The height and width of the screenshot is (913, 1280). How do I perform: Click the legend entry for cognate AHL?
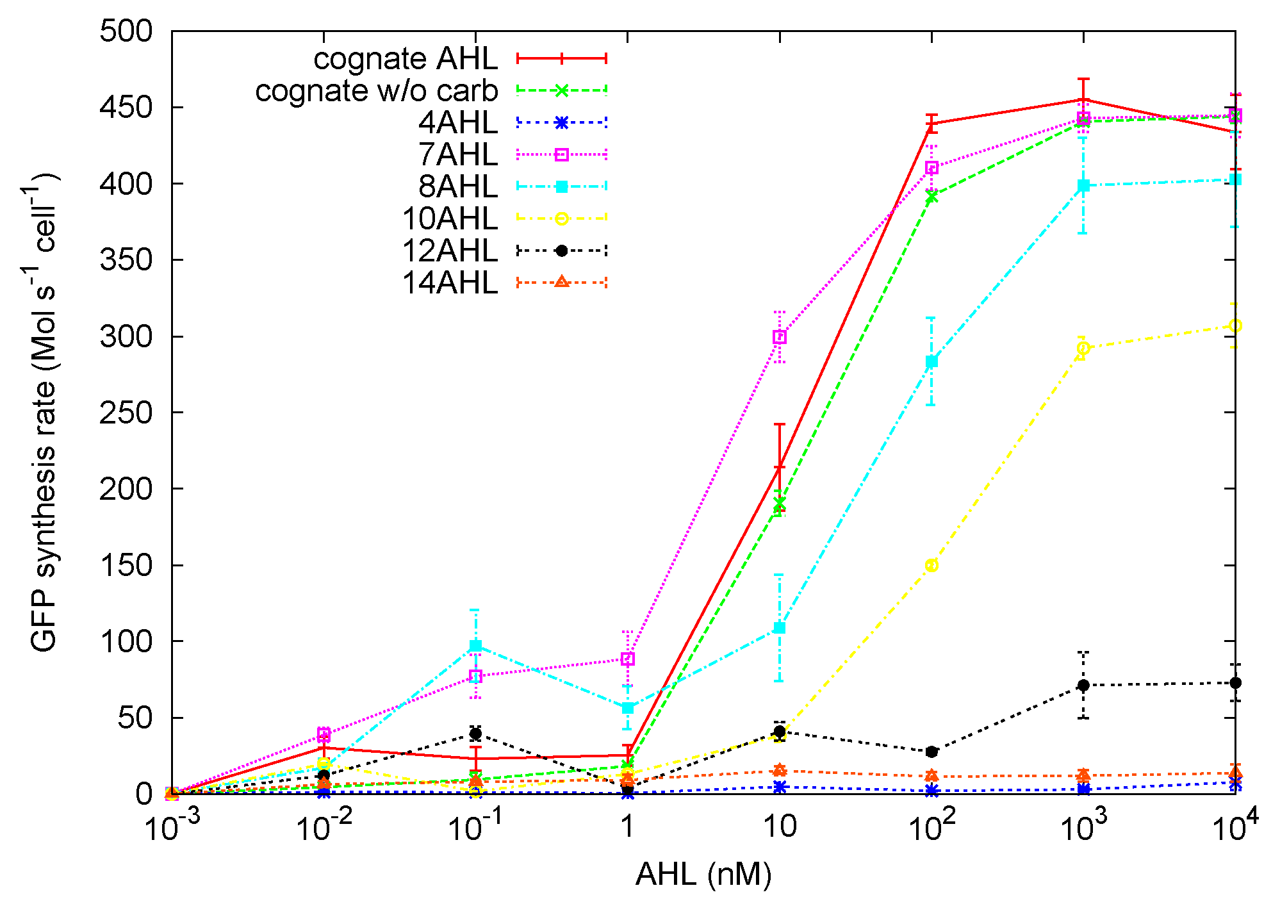point(406,59)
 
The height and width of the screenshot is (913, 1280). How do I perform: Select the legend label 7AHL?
point(457,154)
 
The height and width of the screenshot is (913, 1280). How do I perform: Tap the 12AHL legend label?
point(449,251)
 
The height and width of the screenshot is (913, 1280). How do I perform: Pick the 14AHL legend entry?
point(449,283)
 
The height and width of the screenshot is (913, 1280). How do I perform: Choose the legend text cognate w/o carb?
point(376,91)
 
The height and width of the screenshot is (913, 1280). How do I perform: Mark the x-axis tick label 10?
point(779,827)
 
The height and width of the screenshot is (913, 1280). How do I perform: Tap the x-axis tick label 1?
point(627,827)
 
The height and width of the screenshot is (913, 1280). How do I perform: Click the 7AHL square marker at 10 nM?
point(779,337)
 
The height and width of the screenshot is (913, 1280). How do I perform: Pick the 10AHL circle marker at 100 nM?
point(931,565)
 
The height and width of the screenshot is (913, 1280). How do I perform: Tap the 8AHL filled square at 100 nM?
point(931,361)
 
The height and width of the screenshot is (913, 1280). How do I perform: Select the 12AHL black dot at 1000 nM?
point(1083,685)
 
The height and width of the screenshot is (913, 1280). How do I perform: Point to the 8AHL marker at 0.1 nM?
point(475,646)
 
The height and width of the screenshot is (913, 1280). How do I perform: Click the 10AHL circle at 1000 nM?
point(1083,348)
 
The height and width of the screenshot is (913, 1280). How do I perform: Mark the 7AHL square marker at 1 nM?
point(628,659)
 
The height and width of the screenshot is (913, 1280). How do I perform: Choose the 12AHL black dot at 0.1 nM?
point(475,734)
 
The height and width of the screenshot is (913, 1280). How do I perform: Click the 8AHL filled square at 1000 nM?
point(1083,186)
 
